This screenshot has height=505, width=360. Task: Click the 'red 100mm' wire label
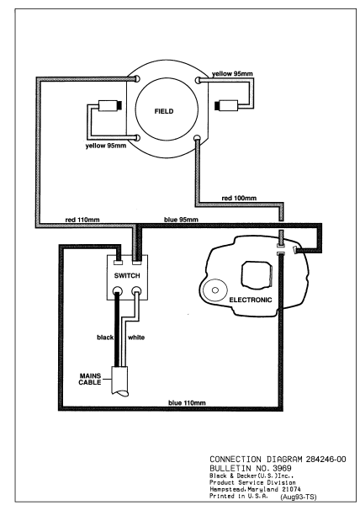pos(239,198)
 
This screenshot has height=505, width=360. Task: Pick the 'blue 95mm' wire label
pos(183,221)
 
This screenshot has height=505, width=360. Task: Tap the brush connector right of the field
pos(229,105)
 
